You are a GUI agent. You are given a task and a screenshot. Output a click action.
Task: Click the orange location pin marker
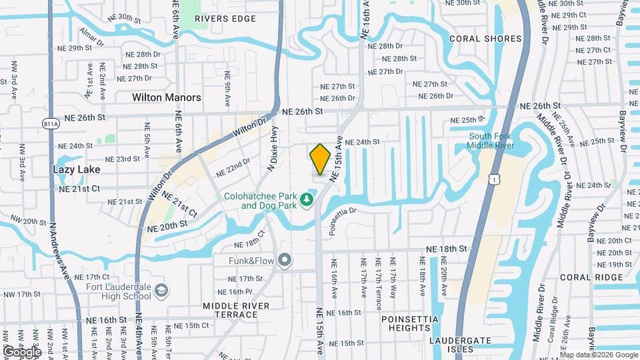(x=321, y=159)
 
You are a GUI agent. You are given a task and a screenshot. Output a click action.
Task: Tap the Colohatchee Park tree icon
(x=306, y=199)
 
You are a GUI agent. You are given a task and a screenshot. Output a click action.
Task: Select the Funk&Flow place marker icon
(x=285, y=260)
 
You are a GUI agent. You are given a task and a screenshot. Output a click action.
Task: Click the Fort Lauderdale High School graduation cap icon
(x=161, y=291)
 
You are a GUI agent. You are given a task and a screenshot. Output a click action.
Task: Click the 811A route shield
(x=50, y=123)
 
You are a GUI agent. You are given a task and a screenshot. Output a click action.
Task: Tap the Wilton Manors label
(x=166, y=97)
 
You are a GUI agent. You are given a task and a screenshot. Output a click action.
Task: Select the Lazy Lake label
(x=77, y=169)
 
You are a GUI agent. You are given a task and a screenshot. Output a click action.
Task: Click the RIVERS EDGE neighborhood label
(x=225, y=19)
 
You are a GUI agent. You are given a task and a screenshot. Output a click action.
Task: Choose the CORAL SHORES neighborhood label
(x=485, y=39)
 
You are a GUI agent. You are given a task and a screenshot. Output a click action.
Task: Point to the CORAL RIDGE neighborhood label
(x=586, y=277)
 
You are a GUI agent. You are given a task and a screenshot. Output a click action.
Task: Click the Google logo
(x=22, y=351)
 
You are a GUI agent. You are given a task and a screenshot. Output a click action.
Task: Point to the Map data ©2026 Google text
(x=597, y=355)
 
